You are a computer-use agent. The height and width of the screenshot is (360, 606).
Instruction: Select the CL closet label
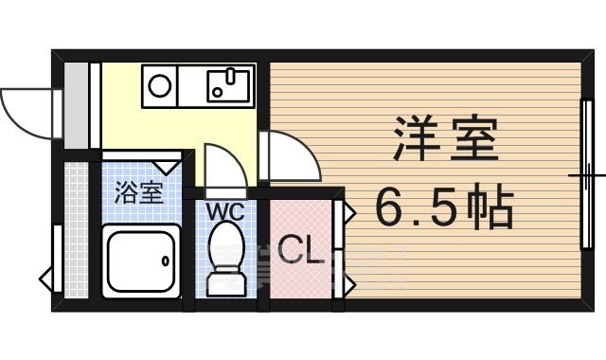(x=302, y=253)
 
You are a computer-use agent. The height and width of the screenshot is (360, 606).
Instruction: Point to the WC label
(x=225, y=211)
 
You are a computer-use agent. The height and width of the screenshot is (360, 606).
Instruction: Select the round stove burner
(x=159, y=86)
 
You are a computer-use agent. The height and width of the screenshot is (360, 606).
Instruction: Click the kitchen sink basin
(x=228, y=86)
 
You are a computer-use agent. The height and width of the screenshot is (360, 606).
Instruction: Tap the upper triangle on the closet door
(x=349, y=210)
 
